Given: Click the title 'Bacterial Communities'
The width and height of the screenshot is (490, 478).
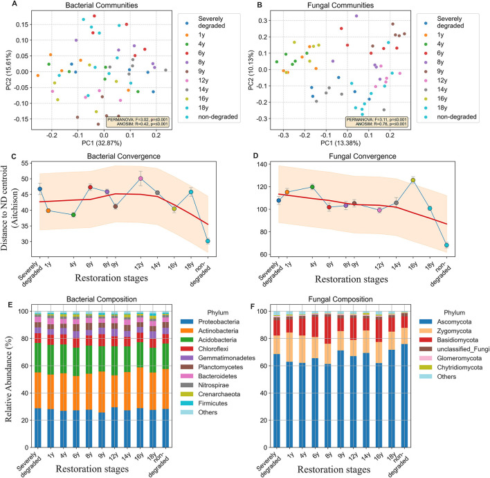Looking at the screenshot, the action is tap(102, 5).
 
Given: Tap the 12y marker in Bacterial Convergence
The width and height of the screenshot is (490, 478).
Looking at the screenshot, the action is tap(140, 178).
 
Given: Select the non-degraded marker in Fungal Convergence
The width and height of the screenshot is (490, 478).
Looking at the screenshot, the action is tap(446, 245).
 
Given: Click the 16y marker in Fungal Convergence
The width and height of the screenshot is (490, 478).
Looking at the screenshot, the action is tap(413, 180).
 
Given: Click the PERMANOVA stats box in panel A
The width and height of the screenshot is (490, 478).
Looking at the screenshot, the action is tap(138, 122).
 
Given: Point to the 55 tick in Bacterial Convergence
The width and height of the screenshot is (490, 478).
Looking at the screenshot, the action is tap(24, 163).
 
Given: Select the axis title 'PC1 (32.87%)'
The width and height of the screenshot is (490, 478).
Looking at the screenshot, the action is tap(102, 143).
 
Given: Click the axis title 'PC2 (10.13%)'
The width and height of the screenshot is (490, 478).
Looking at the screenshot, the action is tap(251, 70).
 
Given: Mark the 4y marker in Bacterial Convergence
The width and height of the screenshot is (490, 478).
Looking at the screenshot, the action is tap(73, 215).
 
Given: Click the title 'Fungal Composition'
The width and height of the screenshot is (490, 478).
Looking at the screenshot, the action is tap(341, 299).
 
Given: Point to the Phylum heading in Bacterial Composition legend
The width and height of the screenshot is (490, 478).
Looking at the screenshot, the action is tap(218, 312).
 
